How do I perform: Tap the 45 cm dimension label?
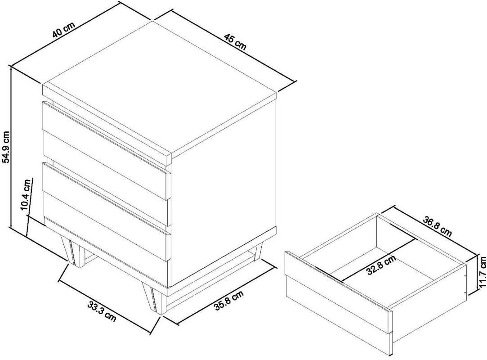pyautogui.click(x=234, y=42)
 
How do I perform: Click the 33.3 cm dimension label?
pyautogui.click(x=102, y=311)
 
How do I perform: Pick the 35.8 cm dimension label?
pyautogui.click(x=229, y=300)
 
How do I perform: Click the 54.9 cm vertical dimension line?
pyautogui.click(x=11, y=148)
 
